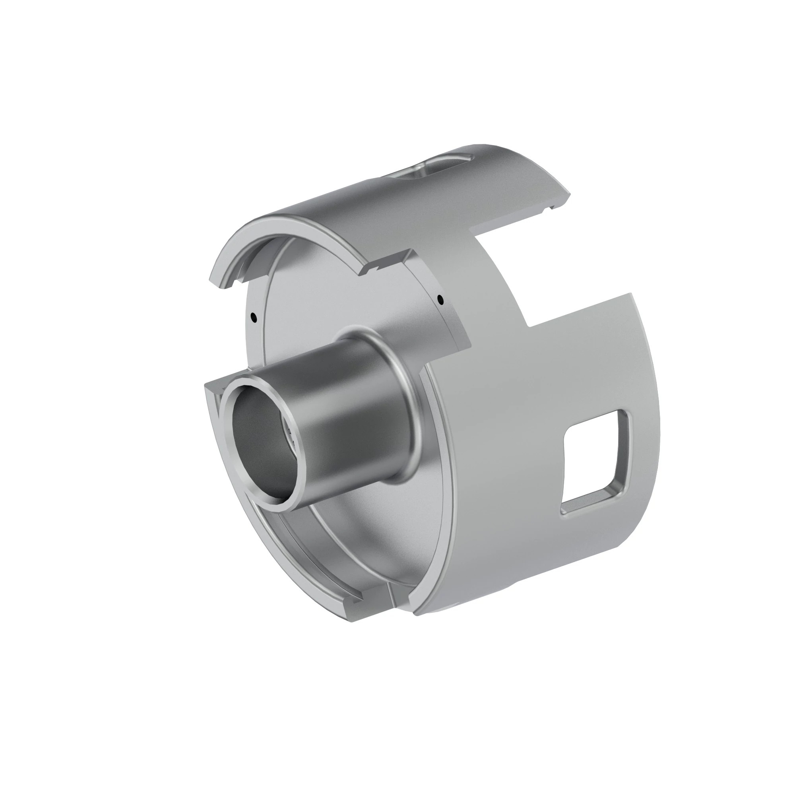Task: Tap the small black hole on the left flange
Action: point(254,317)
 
